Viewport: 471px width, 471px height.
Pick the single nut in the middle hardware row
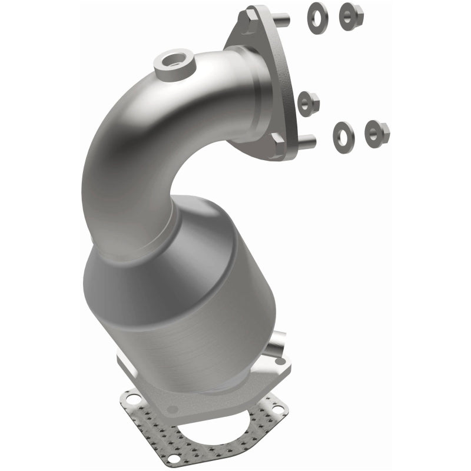[x=309, y=104]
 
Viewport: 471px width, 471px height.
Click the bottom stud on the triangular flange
[x=306, y=141]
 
